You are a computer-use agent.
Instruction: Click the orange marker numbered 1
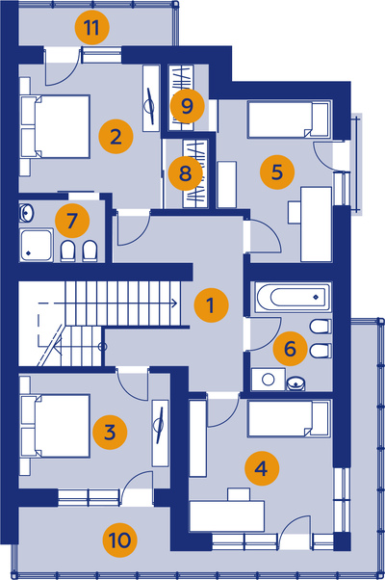click(212, 305)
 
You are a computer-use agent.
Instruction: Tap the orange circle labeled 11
click(92, 28)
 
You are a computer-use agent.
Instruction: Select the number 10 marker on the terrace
click(119, 540)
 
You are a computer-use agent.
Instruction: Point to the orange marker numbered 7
click(72, 221)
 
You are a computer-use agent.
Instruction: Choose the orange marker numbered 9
click(188, 106)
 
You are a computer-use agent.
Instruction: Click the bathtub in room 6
click(292, 298)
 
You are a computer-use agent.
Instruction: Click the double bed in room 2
click(56, 126)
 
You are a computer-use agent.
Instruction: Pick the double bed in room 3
click(56, 426)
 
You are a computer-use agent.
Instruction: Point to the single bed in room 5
click(289, 119)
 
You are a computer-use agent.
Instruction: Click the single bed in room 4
click(289, 419)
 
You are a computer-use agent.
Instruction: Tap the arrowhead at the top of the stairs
click(175, 303)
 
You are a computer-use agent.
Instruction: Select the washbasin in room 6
click(296, 383)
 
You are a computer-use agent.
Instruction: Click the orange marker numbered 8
click(186, 173)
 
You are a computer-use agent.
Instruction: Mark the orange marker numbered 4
click(262, 468)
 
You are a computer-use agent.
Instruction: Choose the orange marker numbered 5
click(277, 172)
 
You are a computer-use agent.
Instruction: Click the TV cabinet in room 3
click(161, 434)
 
